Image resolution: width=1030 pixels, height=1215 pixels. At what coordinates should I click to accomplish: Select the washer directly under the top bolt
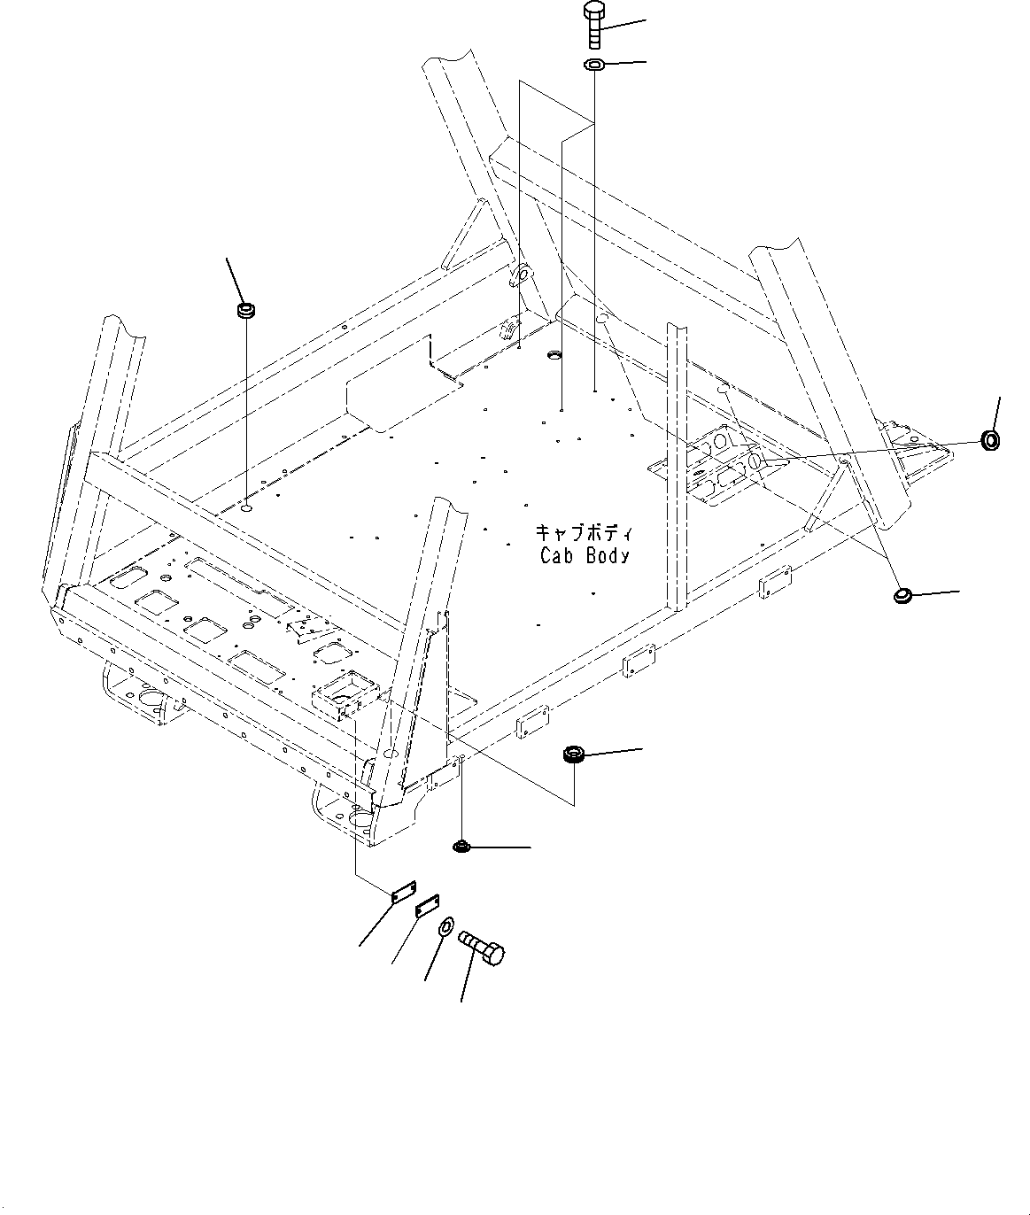[594, 66]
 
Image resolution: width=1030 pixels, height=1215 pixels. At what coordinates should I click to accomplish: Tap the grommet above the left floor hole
[245, 311]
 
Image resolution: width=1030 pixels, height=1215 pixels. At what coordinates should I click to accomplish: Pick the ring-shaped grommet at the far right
[991, 439]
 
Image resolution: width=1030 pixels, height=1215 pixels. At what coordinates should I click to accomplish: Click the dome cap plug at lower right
[903, 596]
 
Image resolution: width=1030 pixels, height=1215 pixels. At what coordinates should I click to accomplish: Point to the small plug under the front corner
[461, 847]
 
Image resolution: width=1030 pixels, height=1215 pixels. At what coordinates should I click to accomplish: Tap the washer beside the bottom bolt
[445, 927]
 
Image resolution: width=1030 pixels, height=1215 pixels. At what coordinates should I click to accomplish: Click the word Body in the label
[610, 556]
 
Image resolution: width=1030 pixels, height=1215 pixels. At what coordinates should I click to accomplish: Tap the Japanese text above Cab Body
[584, 533]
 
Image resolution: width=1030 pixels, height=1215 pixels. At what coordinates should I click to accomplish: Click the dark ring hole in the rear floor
[555, 355]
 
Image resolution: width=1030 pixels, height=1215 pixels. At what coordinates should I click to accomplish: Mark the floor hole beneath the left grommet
[246, 509]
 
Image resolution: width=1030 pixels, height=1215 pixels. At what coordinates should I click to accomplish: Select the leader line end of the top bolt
[646, 19]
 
